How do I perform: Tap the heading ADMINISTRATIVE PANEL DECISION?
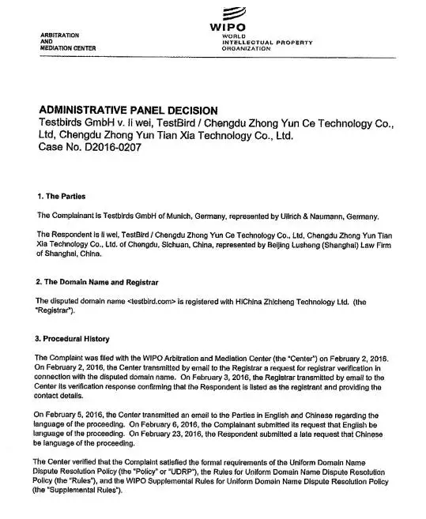click(127, 110)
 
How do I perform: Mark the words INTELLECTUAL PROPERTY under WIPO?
click(268, 42)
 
